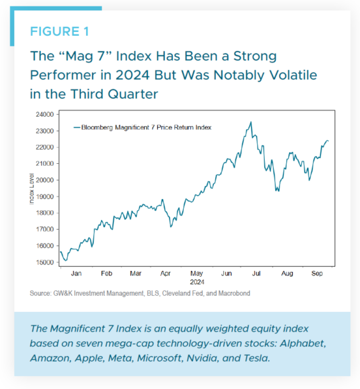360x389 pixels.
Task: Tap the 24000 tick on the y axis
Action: pyautogui.click(x=44, y=115)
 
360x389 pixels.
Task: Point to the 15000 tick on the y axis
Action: pyautogui.click(x=44, y=262)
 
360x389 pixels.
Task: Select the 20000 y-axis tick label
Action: pyautogui.click(x=44, y=180)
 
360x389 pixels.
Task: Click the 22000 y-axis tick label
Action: pyautogui.click(x=44, y=147)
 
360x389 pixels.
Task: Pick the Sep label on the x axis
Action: pyautogui.click(x=317, y=274)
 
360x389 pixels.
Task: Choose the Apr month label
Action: pyautogui.click(x=166, y=274)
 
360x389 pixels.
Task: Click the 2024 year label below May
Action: pyautogui.click(x=197, y=281)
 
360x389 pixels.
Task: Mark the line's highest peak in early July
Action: pyautogui.click(x=251, y=122)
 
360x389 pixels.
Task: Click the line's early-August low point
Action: pyautogui.click(x=276, y=191)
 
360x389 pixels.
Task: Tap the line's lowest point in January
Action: pyautogui.click(x=66, y=260)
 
